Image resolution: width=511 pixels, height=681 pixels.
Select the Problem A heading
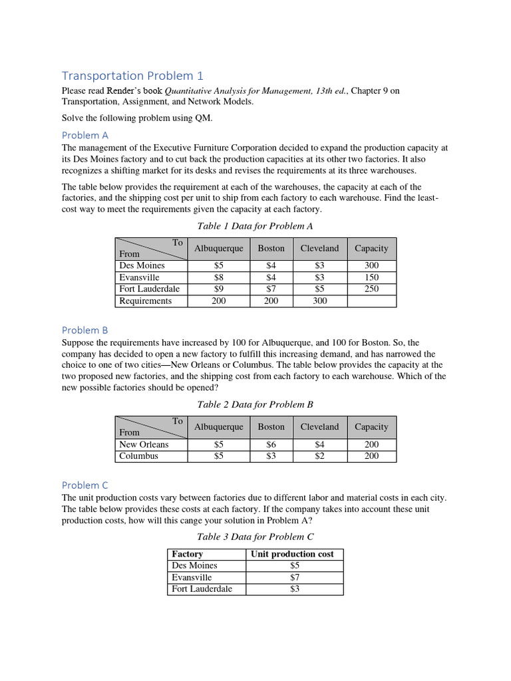[85, 135]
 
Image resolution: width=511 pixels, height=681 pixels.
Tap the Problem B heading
[85, 330]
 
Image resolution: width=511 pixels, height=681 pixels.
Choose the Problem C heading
[85, 485]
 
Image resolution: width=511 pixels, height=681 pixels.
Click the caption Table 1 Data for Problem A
[255, 226]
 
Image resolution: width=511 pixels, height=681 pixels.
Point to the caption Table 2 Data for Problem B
[255, 404]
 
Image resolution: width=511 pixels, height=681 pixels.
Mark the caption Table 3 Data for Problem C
[255, 537]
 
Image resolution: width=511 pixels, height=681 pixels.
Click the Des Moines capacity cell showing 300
[371, 265]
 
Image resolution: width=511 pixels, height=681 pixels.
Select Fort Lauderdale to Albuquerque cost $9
[219, 289]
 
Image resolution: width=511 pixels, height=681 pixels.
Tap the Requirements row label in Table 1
[145, 301]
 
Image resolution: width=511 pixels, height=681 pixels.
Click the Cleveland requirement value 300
[319, 301]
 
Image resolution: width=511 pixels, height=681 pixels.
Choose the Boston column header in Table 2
[271, 427]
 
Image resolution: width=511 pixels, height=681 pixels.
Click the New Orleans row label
[144, 444]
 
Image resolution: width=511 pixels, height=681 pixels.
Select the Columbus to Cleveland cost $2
[319, 456]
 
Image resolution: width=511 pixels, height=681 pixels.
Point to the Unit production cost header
[292, 554]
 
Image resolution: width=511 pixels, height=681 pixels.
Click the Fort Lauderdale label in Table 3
[202, 589]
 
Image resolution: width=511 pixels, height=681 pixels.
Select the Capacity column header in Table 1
[371, 248]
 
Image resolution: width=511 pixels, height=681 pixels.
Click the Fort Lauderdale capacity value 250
[371, 289]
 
